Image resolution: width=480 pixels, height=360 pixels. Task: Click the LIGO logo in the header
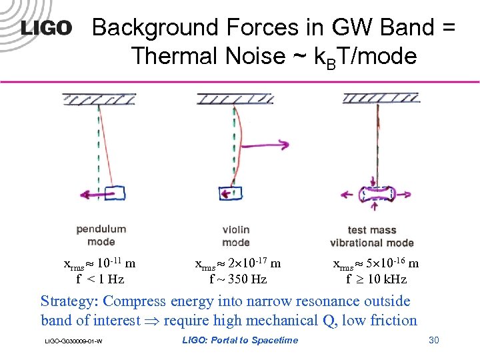(x=45, y=28)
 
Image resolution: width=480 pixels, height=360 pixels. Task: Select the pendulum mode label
(x=101, y=235)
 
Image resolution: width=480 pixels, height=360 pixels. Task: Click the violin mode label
(x=236, y=235)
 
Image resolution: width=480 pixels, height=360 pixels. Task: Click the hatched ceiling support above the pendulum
(x=94, y=99)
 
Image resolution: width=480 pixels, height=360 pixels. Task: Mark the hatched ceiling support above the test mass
(x=377, y=99)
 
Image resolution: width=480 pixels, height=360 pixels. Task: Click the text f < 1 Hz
(x=100, y=279)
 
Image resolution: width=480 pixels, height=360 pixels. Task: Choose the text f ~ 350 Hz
(x=238, y=279)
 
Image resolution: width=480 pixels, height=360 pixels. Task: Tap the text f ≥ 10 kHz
(x=376, y=279)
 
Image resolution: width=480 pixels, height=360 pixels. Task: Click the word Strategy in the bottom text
(x=68, y=302)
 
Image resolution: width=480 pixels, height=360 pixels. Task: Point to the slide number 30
(x=433, y=341)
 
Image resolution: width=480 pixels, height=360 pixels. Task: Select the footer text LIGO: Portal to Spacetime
(x=240, y=341)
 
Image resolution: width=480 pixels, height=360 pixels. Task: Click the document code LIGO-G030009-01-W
(x=73, y=342)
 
